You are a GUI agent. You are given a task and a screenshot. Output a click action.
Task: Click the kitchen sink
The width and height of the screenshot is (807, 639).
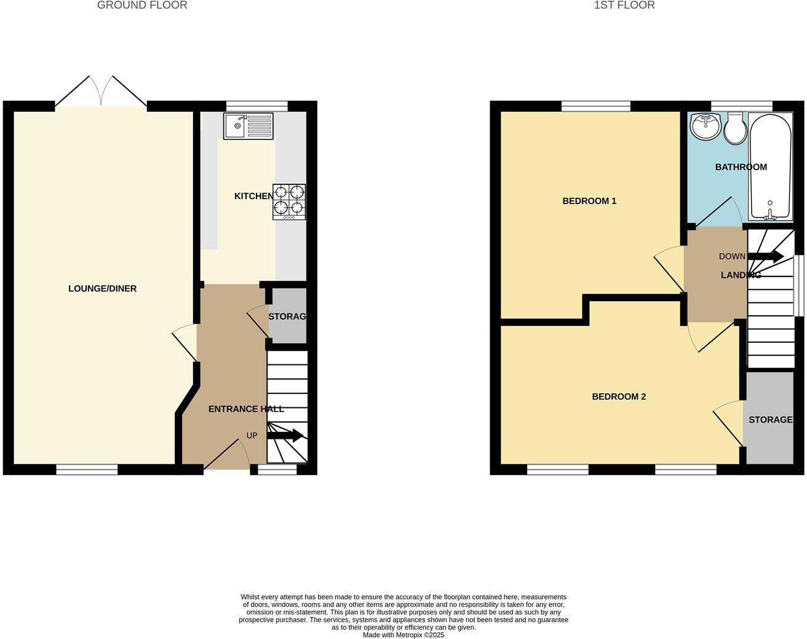tap(248, 126)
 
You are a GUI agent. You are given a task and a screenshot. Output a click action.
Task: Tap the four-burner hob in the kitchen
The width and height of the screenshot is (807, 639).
tap(289, 202)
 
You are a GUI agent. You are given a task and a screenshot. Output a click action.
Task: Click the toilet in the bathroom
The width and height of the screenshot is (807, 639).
tap(734, 129)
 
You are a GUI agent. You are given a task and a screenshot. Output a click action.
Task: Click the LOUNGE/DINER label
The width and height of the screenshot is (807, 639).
tap(102, 289)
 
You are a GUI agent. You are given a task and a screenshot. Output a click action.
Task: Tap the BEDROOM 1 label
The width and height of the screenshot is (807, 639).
tap(589, 201)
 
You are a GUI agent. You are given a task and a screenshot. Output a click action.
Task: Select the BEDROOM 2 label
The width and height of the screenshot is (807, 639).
tap(619, 397)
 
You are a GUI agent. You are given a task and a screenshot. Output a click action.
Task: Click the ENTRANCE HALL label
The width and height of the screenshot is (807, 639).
tap(246, 409)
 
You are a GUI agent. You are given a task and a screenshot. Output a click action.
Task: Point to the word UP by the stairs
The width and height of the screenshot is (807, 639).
tap(252, 436)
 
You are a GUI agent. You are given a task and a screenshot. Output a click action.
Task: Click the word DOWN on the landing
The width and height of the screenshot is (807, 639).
tap(732, 256)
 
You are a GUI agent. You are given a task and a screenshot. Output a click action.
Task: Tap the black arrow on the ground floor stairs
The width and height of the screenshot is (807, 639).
tap(285, 435)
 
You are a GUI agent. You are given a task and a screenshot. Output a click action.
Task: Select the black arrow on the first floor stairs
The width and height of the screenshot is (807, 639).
tap(765, 256)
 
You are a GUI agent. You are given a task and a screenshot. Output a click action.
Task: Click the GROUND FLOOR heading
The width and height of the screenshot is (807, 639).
tap(142, 6)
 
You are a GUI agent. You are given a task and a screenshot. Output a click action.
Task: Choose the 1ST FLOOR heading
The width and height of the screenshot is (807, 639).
tap(624, 6)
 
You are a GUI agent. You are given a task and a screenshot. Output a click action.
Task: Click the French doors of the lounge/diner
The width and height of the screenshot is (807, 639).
tap(101, 94)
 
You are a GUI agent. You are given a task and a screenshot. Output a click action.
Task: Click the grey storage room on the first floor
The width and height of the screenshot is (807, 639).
tap(769, 419)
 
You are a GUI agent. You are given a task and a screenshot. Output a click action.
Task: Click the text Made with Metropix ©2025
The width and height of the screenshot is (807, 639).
tap(403, 635)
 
